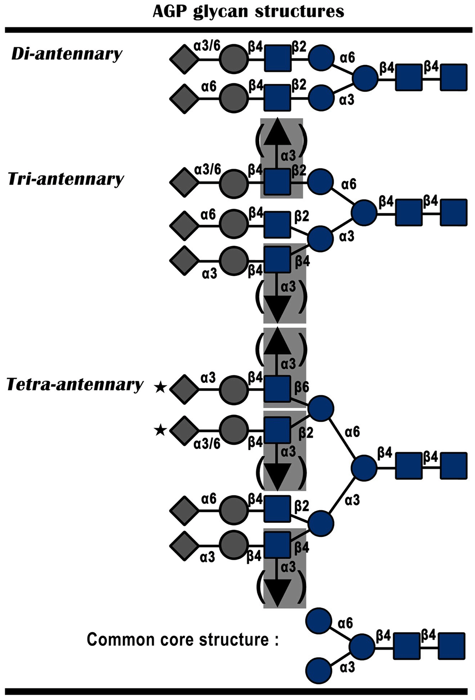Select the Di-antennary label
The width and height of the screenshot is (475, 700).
(x=66, y=54)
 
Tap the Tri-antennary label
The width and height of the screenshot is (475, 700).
(x=66, y=179)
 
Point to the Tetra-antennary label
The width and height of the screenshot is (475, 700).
(x=74, y=385)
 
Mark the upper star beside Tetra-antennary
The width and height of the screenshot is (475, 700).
(x=160, y=387)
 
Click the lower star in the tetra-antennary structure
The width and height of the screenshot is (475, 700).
(x=160, y=430)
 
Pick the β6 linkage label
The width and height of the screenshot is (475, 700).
(x=302, y=387)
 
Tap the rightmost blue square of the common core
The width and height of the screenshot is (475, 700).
(x=451, y=646)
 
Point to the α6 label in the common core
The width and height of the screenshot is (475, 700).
(x=345, y=623)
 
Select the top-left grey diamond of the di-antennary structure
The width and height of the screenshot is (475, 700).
(x=183, y=60)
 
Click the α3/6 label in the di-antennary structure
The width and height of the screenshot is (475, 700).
(x=207, y=46)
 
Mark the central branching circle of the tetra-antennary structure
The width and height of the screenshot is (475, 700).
(x=364, y=468)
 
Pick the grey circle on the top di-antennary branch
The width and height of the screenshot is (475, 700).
(x=232, y=59)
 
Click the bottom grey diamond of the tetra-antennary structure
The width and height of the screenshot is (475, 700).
(x=183, y=545)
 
